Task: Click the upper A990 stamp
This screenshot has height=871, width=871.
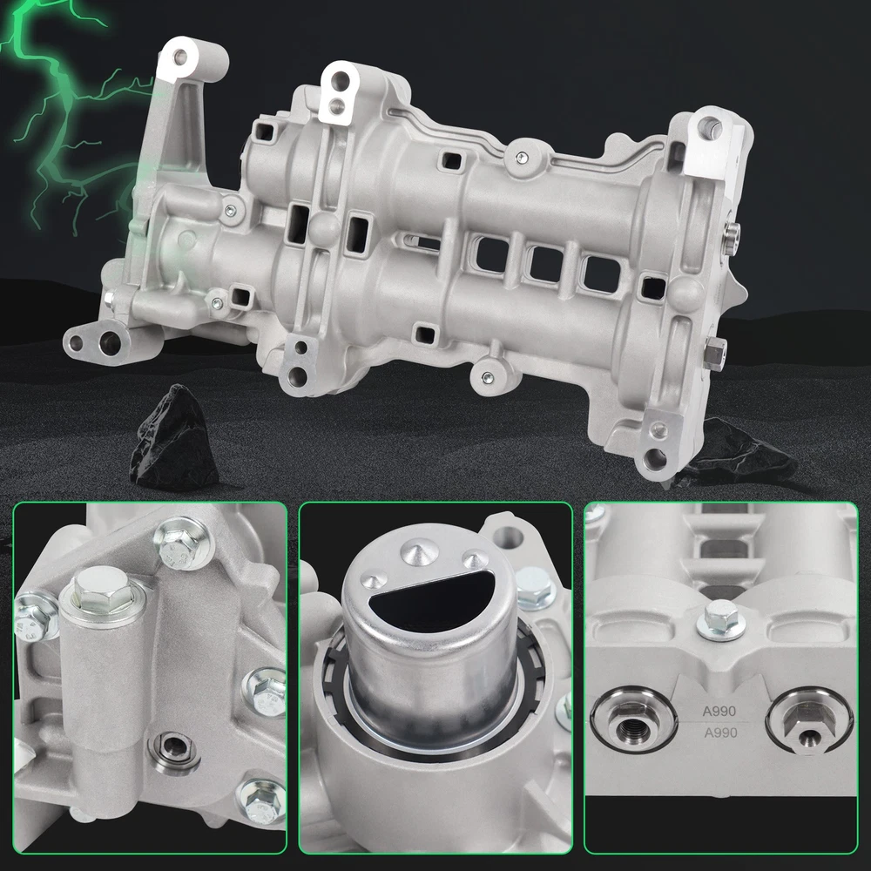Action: point(719,711)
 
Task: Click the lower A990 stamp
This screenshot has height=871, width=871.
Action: point(720,733)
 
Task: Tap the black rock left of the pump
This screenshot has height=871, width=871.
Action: point(174,438)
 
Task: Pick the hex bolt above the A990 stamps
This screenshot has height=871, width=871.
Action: point(720,620)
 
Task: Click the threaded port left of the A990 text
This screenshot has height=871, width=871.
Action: point(634,721)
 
